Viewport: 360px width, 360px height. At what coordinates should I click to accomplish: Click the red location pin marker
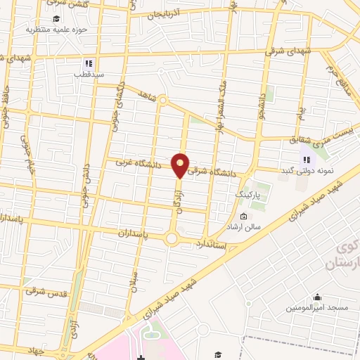tap(181, 165)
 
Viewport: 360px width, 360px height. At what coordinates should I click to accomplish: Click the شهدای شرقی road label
tap(285, 51)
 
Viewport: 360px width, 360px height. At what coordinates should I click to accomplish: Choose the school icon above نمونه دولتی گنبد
tap(307, 159)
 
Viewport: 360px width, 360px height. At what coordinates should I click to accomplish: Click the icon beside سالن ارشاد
tap(243, 216)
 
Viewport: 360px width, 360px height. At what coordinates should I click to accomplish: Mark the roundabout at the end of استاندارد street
tap(172, 239)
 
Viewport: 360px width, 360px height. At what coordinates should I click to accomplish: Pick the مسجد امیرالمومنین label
tap(316, 309)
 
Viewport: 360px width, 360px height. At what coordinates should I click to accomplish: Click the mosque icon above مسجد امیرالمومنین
tap(316, 297)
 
